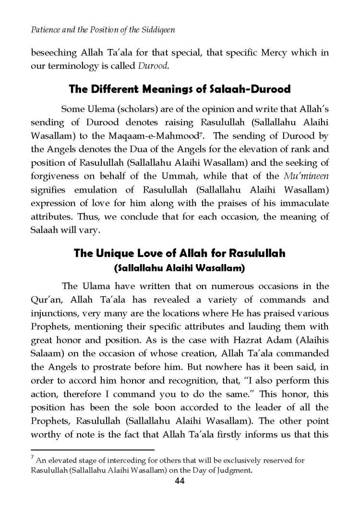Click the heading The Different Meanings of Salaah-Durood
180,90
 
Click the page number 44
180,482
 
